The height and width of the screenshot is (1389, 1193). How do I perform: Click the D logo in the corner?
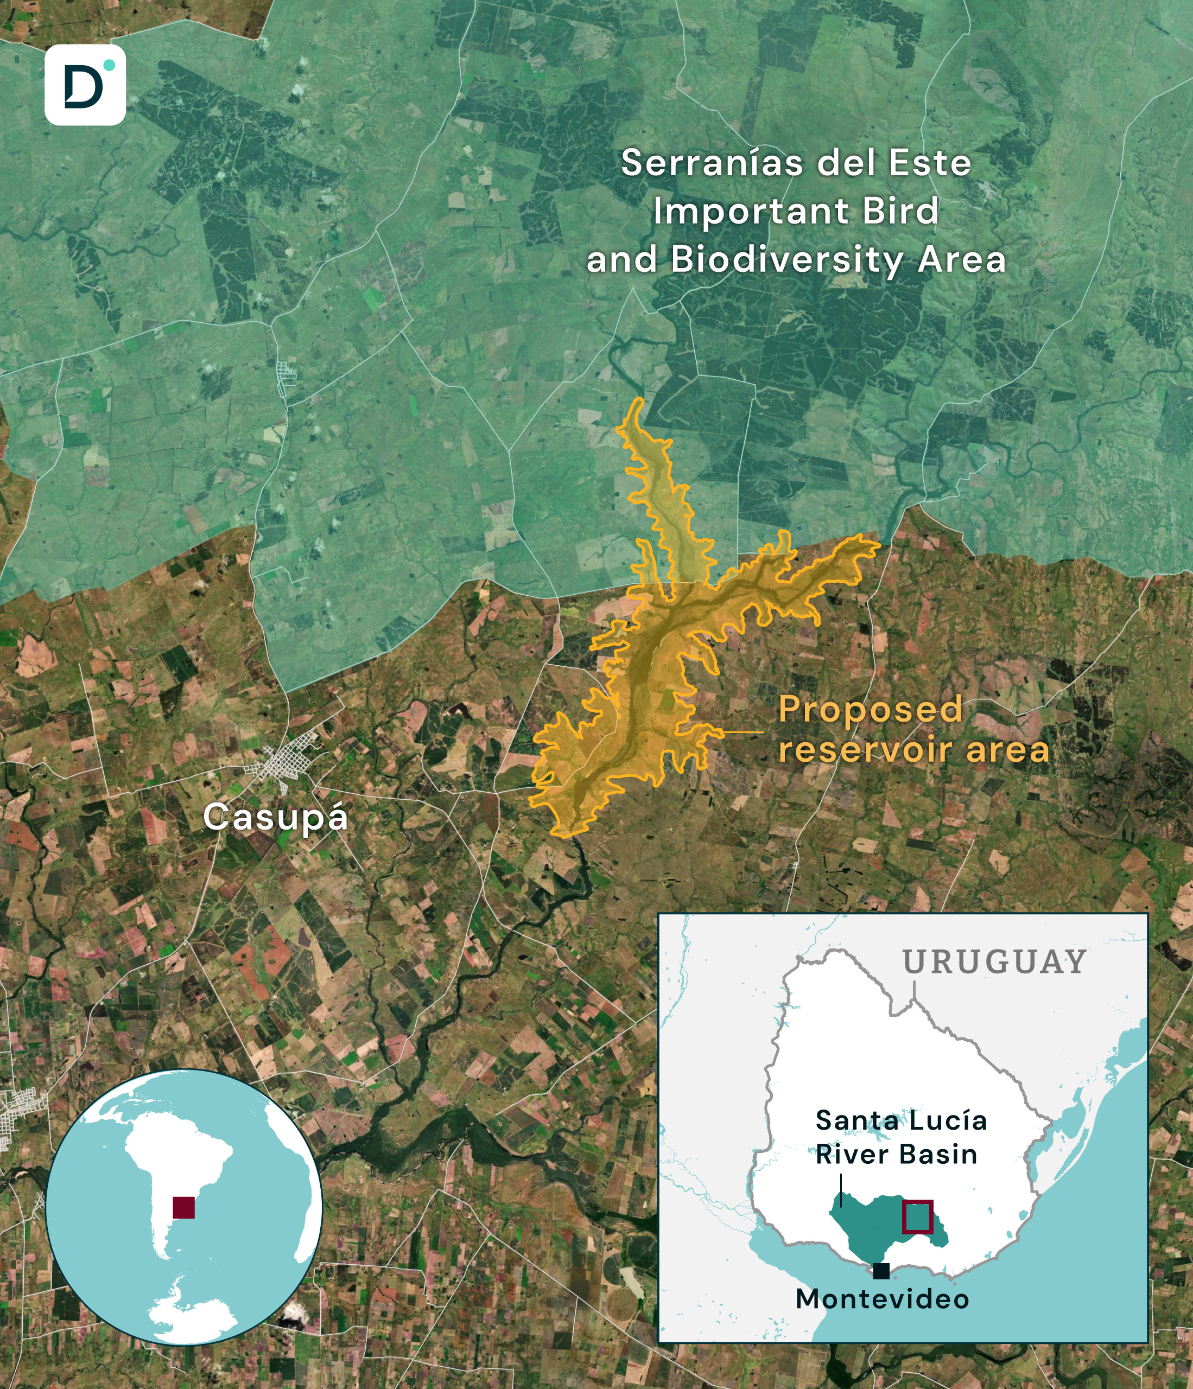(85, 85)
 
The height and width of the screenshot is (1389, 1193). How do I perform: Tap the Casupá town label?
(275, 818)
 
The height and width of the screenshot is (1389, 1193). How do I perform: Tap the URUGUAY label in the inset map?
(994, 963)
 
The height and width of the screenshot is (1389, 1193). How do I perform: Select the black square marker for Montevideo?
(881, 1270)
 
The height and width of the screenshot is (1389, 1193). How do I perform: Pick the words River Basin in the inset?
(896, 1155)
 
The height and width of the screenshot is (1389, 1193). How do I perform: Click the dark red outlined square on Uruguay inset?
(917, 1216)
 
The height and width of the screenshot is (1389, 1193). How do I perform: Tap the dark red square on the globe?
(184, 1207)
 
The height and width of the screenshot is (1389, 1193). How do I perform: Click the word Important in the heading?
(751, 212)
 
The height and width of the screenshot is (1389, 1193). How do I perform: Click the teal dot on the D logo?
(109, 65)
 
